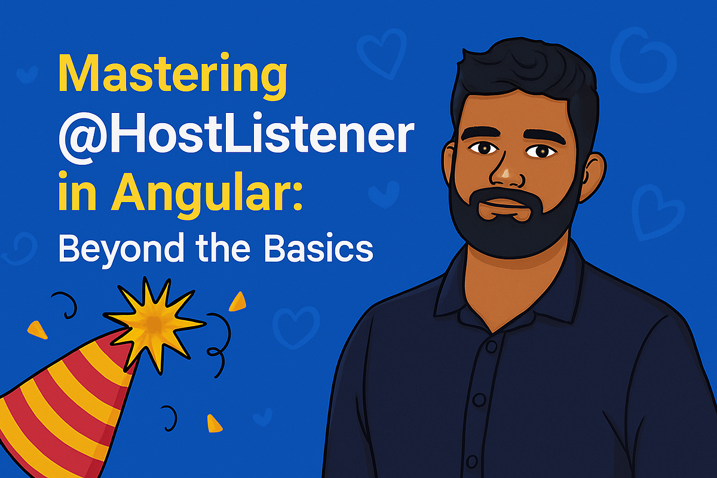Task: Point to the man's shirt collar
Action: pos(454,287)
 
